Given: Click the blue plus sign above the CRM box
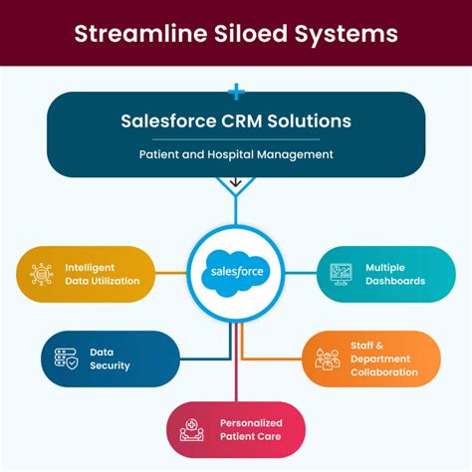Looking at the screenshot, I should coord(236,93).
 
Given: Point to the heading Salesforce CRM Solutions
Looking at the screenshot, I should coord(235,121).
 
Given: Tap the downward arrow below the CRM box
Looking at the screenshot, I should coord(236,182).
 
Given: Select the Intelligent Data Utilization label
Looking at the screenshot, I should coord(102,275).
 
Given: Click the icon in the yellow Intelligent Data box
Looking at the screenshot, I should coord(42,275).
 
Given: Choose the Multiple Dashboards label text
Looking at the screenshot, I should coord(394,275).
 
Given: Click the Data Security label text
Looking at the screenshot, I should coord(110,358).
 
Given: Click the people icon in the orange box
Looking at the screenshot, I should coord(328,359).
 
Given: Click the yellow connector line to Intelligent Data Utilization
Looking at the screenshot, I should coord(171,273).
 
